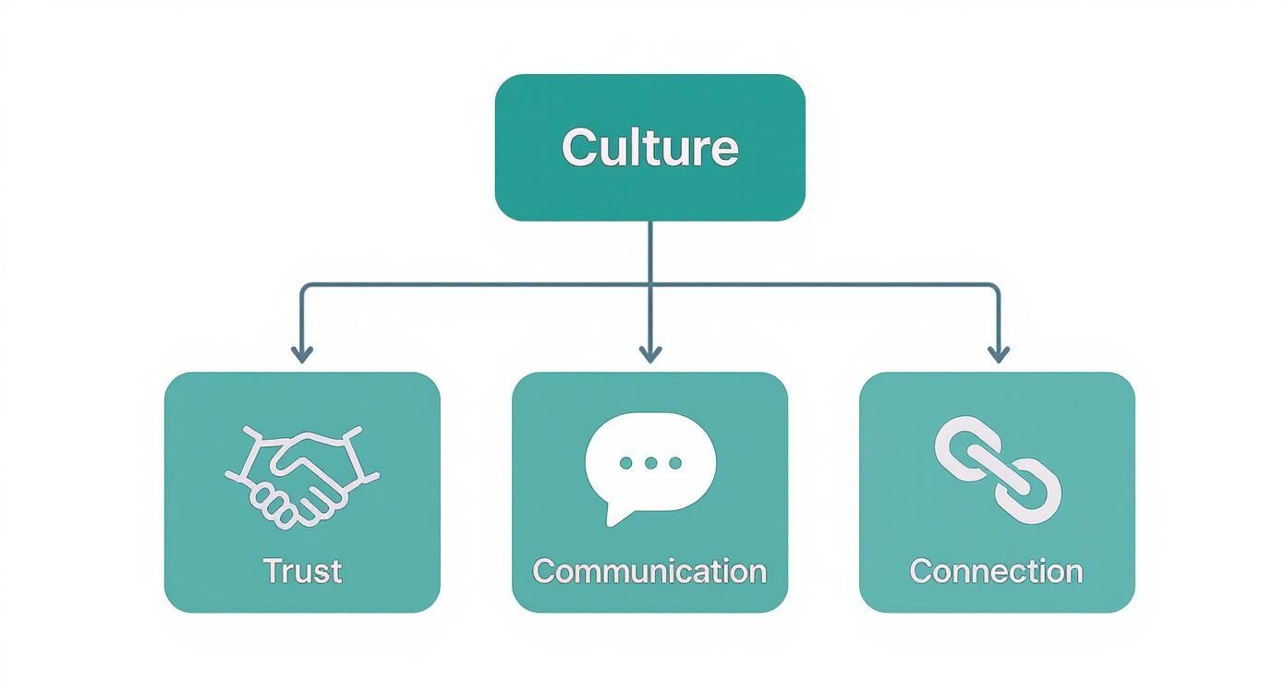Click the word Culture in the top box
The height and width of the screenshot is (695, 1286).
click(x=649, y=148)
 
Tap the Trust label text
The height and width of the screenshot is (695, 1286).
click(x=302, y=570)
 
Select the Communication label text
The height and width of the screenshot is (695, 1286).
click(x=649, y=570)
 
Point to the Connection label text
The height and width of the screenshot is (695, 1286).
click(x=996, y=570)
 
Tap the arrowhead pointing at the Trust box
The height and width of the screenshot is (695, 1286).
click(x=302, y=354)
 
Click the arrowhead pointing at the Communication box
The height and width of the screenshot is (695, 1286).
click(x=650, y=354)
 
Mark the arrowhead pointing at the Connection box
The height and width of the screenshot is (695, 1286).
click(x=998, y=354)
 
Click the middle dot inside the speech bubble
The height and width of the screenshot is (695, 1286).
click(x=650, y=462)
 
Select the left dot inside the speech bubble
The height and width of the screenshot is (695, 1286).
click(x=626, y=462)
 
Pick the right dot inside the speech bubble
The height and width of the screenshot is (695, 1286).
click(x=674, y=462)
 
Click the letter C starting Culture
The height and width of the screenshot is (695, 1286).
click(x=576, y=148)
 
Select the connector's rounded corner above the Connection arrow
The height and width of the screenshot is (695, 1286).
click(x=994, y=288)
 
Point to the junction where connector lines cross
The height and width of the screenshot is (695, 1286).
click(x=650, y=285)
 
